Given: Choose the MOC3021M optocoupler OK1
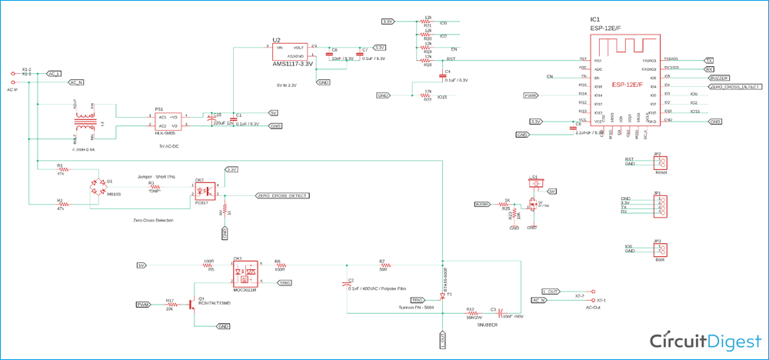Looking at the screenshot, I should [245, 271].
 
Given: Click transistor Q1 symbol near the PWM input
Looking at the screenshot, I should [191, 305].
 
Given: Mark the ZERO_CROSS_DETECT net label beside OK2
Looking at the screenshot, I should [282, 196].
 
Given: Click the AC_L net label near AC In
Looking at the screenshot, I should [54, 74].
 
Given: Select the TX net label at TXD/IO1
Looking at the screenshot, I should [708, 60].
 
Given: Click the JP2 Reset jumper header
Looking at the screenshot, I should [659, 162].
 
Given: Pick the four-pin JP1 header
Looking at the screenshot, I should [659, 205].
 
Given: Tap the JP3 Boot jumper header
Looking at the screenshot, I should [659, 249].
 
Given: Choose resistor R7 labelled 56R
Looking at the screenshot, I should [382, 266].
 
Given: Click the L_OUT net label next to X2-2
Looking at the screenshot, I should [551, 292].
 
